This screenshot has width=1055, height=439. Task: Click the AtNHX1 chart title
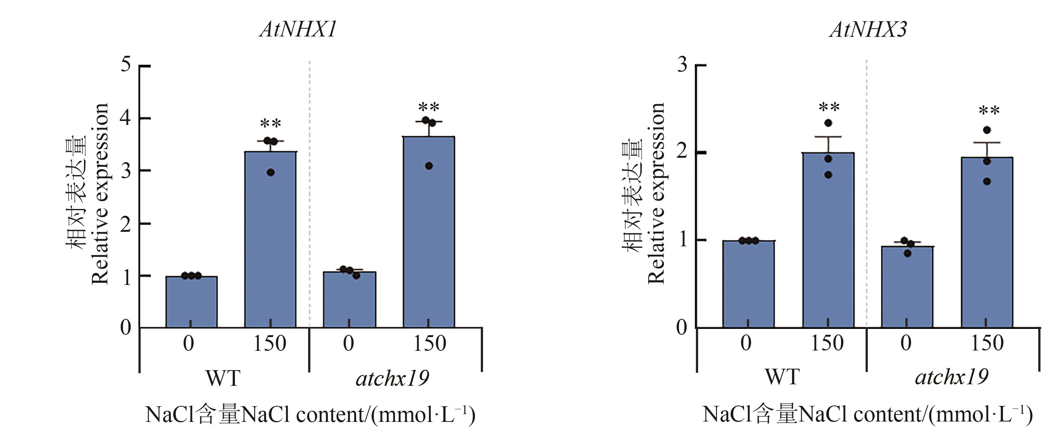point(298,30)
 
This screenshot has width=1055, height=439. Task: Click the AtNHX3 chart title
point(868,30)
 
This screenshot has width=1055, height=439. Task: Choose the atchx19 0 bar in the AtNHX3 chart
point(907,287)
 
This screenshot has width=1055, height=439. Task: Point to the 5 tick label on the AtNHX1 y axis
point(126,65)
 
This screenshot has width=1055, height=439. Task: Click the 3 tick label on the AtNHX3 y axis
point(682,65)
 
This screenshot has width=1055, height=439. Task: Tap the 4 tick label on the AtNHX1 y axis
point(126,118)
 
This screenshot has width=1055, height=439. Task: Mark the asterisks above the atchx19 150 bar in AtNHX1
point(429,108)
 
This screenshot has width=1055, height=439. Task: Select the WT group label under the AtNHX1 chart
point(223,378)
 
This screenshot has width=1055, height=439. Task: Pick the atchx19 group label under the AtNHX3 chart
point(952,377)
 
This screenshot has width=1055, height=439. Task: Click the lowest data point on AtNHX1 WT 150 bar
point(270,172)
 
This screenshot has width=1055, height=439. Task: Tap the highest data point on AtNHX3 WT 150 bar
point(828,123)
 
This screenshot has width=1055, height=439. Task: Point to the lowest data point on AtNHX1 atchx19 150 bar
point(429,166)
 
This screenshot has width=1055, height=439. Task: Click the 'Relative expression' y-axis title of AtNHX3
point(656,192)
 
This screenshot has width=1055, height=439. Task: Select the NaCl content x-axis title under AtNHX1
point(310,415)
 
